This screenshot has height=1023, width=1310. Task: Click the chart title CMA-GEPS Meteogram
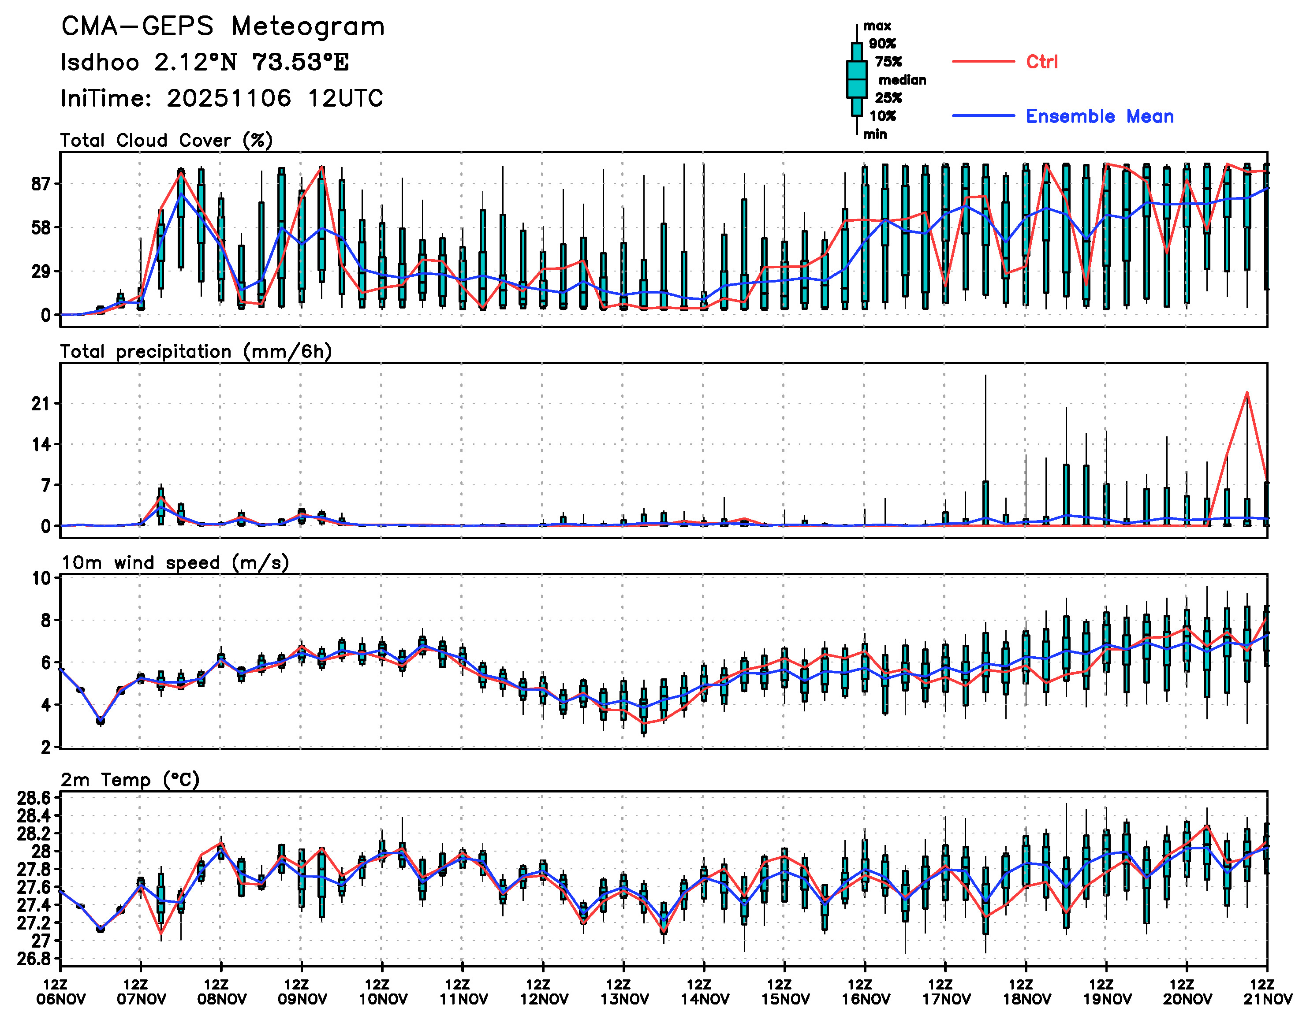point(223,27)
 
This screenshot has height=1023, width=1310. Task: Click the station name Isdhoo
point(100,62)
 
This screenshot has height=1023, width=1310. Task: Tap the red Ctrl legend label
point(1041,62)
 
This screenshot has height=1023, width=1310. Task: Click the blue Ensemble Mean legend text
point(1099,116)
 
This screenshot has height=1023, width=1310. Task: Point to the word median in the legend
point(902,80)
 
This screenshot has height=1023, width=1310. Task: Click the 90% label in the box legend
point(882,44)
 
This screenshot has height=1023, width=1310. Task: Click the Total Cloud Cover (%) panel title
point(166,140)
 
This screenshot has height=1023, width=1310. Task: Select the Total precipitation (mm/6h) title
point(195,351)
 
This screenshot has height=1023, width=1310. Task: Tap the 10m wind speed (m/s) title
point(175,562)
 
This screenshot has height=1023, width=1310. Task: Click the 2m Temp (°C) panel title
point(130,780)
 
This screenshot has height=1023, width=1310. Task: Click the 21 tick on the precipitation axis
point(41,404)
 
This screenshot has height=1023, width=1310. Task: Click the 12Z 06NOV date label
point(60,993)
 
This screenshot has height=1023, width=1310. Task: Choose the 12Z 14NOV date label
point(704,993)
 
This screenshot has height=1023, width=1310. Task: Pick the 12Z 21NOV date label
point(1267,993)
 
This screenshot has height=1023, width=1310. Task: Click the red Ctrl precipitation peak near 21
point(1247,393)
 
